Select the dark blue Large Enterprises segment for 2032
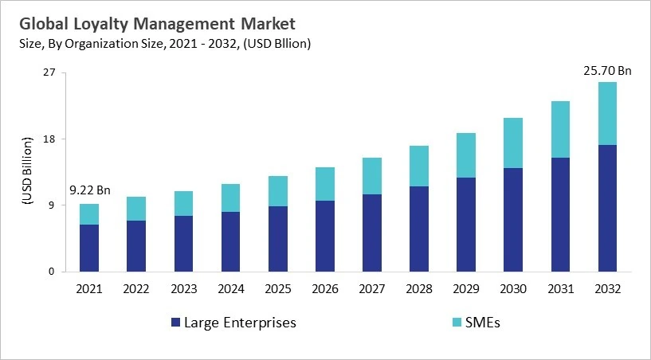pos(607,208)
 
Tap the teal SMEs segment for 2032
pos(607,113)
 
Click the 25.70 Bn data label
pos(607,71)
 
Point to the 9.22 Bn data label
pos(89,191)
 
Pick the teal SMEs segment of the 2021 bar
pos(89,214)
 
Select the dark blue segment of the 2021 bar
pos(89,248)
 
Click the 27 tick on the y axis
pos(49,73)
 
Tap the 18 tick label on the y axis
pos(49,139)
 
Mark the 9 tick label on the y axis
pos(52,205)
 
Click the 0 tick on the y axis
pos(52,272)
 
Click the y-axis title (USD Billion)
pos(26,172)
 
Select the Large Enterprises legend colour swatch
pos(175,323)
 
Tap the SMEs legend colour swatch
pos(456,323)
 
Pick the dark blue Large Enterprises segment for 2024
pos(230,241)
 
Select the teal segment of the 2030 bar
pos(513,143)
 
